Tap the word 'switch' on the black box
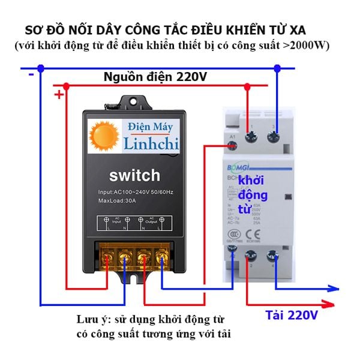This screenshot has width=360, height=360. point(134,176)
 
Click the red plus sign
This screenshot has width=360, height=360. point(58,95)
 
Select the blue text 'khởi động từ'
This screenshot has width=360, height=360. point(253,195)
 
